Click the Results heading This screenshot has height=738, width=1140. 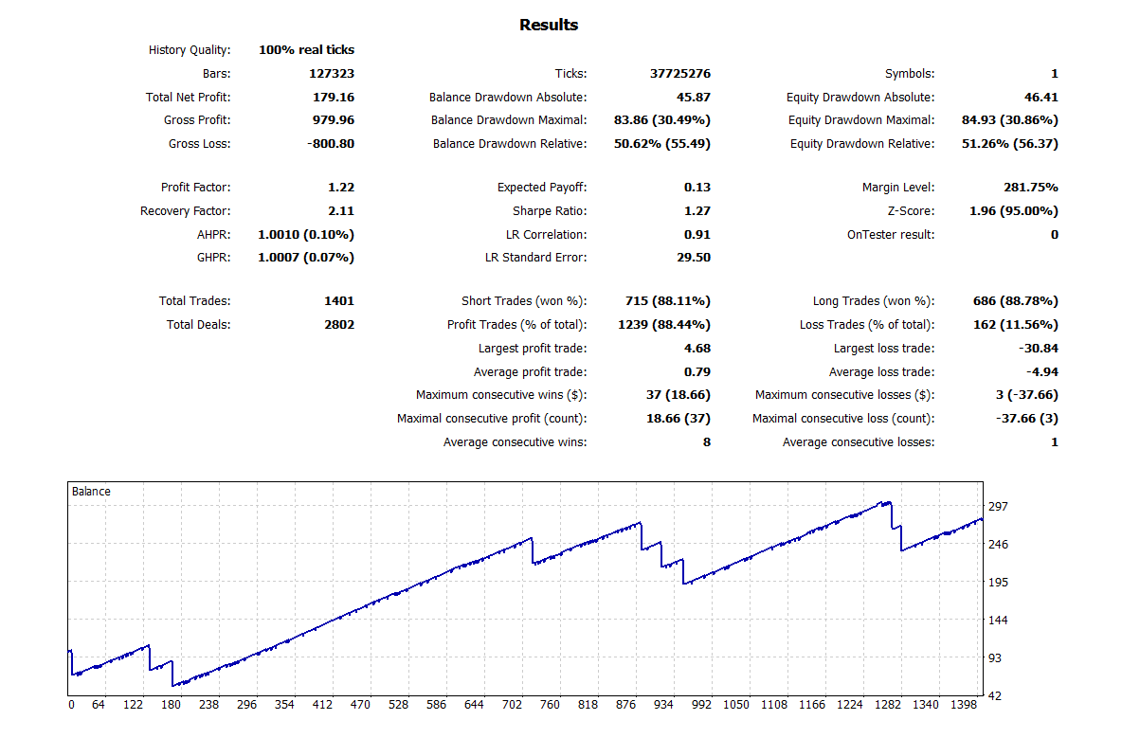coord(548,25)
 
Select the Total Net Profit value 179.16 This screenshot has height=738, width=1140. coord(333,97)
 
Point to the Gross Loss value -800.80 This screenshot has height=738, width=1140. coord(328,143)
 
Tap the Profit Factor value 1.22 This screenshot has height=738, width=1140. coord(340,188)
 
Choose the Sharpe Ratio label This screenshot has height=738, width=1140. coord(549,211)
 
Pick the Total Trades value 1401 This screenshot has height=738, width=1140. coord(338,301)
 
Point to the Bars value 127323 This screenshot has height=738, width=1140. coord(332,73)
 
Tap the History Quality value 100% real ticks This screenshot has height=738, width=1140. coord(306,50)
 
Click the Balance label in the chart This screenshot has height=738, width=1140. coord(91,492)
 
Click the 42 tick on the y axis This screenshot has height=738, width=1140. coord(996,696)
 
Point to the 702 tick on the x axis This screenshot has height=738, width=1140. coord(513,705)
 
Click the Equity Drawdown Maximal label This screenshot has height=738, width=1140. coord(860,120)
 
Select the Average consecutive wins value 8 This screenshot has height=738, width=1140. coord(706,442)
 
